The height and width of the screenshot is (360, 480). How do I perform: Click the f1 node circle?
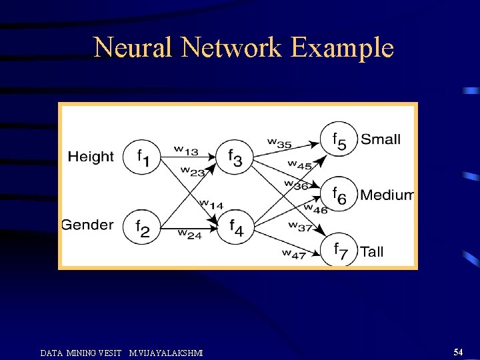142,158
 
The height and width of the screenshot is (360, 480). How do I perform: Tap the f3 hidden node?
235,158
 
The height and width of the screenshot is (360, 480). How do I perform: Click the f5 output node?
339,140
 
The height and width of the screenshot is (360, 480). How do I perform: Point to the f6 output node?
339,195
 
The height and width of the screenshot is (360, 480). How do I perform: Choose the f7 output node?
339,249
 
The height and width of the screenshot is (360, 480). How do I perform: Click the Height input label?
91,157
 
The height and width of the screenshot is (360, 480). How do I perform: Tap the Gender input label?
87,225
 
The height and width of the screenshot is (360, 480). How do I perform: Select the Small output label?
381,139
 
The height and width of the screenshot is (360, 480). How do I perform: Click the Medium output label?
387,195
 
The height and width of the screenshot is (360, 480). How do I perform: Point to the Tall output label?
371,251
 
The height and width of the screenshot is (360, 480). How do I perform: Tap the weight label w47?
293,253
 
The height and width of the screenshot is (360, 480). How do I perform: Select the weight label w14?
211,204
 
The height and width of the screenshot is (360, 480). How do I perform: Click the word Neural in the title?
133,48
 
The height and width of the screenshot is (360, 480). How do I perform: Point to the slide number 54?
458,351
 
